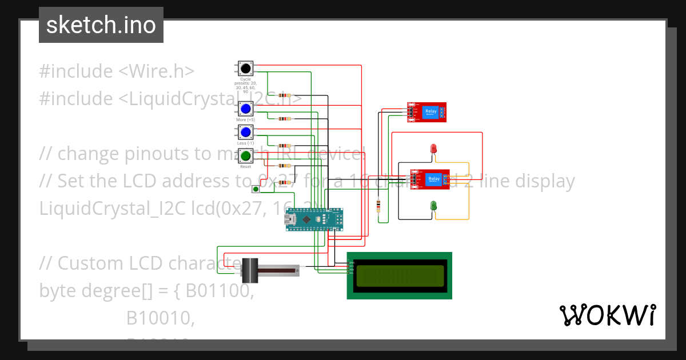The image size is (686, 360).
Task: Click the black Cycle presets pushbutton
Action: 246,69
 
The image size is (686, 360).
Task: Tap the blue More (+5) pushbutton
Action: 246,109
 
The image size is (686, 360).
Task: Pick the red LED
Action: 434,149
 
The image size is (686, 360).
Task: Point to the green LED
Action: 434,205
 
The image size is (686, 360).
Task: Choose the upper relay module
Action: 427,111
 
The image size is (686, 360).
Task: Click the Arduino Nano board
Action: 316,219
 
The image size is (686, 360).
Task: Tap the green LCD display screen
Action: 400,275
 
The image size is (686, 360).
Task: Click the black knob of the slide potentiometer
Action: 250,270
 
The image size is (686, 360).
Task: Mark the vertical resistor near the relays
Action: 378,205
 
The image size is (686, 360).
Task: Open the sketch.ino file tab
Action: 101,25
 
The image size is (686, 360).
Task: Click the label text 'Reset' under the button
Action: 245,166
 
